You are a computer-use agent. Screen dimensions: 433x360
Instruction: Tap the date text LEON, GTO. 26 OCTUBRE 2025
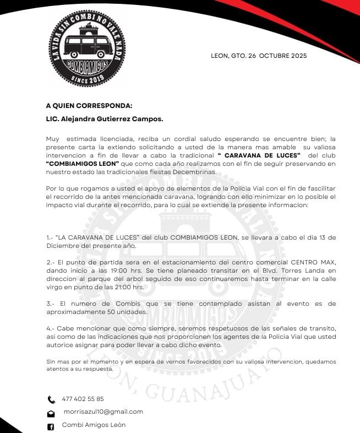click(259, 56)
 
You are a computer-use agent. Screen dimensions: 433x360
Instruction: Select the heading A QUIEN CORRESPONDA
click(89, 105)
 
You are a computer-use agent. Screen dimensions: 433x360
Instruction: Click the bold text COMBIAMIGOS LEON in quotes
click(83, 164)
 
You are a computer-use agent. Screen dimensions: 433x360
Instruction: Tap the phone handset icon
click(51, 399)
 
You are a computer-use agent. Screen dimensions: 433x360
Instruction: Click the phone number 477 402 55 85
click(83, 399)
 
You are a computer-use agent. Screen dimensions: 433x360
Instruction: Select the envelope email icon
click(51, 413)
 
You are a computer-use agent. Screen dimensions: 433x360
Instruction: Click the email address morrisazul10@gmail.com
click(103, 412)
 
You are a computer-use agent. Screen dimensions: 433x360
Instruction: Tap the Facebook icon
click(51, 426)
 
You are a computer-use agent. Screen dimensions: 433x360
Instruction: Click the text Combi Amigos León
click(94, 425)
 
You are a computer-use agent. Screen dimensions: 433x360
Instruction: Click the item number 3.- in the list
click(50, 304)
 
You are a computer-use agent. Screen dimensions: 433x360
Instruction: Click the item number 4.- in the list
click(50, 328)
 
